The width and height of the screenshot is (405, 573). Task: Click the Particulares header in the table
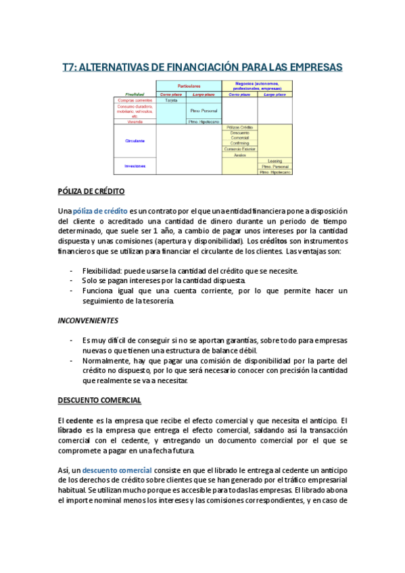189,86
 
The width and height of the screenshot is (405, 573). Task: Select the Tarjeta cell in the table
171,100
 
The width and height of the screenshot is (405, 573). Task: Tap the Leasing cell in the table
275,161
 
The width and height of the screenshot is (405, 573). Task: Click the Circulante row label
135,141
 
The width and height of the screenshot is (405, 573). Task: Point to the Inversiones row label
135,166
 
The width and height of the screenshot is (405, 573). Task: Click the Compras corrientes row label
135,100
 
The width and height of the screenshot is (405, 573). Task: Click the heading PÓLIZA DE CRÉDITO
91,191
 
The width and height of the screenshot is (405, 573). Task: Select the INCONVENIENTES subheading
89,320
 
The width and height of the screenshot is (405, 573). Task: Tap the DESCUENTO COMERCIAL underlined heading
99,400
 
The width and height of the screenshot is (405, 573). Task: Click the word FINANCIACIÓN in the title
205,67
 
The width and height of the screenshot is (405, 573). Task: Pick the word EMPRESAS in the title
315,67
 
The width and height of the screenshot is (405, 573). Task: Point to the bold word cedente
80,420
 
